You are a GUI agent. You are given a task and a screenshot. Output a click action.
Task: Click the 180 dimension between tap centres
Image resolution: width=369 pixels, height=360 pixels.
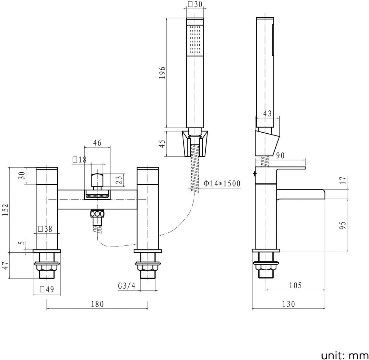(97, 304)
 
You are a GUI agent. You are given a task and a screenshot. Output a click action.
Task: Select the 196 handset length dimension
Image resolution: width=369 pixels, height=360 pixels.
(162, 73)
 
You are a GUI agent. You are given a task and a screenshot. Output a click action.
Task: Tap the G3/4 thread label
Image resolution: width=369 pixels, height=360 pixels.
(126, 286)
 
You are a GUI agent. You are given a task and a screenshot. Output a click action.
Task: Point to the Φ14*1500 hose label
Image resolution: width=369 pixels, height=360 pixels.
(222, 183)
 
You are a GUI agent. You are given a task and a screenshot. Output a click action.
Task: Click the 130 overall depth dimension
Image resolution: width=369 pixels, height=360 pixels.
(288, 304)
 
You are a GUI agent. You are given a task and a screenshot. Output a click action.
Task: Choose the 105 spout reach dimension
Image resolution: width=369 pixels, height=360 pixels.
(295, 285)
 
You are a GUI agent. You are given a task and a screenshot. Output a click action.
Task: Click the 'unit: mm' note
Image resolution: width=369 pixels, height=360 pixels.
(344, 355)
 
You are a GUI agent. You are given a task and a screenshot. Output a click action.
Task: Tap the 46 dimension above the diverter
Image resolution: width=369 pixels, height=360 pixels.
(97, 143)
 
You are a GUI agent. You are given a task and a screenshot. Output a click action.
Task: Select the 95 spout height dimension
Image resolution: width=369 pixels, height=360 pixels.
(343, 226)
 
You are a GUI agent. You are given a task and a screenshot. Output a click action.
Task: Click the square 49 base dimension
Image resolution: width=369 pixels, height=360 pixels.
(47, 289)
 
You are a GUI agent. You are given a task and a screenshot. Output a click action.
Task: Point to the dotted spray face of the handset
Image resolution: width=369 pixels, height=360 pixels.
(195, 39)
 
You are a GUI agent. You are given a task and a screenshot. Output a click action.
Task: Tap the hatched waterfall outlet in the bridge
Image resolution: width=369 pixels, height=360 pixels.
(97, 195)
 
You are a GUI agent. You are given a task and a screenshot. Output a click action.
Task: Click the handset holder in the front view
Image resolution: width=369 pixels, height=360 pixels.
(195, 143)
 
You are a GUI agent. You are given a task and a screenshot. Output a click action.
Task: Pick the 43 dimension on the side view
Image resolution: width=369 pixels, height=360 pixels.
(267, 114)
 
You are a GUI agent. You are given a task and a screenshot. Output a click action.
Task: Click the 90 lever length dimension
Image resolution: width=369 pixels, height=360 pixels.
(280, 155)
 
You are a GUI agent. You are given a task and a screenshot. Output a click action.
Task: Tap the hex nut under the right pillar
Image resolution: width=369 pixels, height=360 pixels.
(148, 267)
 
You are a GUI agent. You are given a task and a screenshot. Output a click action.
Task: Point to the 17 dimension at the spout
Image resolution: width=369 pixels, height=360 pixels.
(343, 180)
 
